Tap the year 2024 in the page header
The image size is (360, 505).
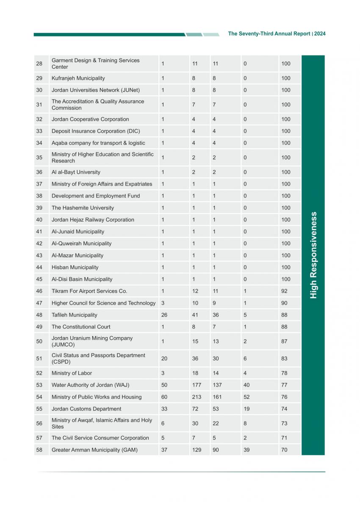click(x=320, y=34)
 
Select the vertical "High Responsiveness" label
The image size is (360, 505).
click(x=313, y=255)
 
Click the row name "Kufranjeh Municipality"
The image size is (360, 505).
click(x=78, y=78)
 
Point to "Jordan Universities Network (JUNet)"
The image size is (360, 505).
click(x=96, y=90)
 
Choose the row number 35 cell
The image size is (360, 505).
click(x=39, y=158)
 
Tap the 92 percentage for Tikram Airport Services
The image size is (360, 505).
click(x=284, y=291)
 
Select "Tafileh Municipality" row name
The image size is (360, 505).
click(x=75, y=315)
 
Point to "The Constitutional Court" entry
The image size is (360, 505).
click(x=81, y=327)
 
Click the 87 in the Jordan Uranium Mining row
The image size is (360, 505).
click(x=284, y=341)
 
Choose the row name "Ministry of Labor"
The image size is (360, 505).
click(x=72, y=373)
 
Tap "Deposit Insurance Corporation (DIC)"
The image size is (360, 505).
click(x=96, y=131)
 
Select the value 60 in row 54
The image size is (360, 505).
click(x=164, y=397)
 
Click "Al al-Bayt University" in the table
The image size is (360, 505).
click(x=76, y=172)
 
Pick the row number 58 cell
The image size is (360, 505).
click(x=39, y=450)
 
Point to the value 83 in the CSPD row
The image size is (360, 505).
click(x=284, y=358)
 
